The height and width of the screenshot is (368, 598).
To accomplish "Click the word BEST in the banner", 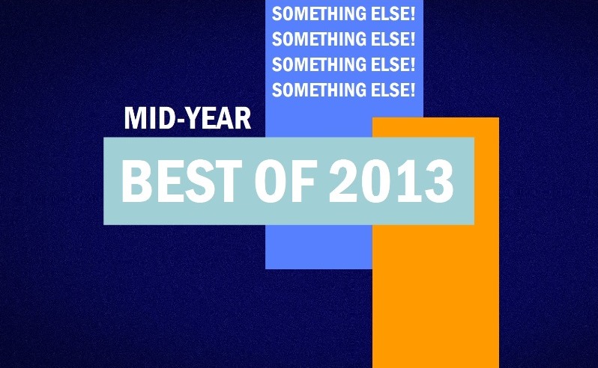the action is pos(181,181).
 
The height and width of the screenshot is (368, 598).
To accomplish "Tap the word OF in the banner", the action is pos(286,181).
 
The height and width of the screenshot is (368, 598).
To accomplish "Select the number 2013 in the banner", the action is pos(391,181).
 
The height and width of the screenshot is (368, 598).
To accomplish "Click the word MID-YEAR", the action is pos(187,118).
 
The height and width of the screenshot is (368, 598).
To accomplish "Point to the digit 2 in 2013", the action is pos(343,180).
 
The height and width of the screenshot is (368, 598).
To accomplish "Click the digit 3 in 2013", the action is pos(438,181).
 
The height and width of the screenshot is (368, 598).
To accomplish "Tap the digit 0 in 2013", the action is pos(375,181).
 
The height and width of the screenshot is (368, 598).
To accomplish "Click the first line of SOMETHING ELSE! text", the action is pos(343,14).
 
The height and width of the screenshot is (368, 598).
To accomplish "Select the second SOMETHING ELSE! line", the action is pos(343,39).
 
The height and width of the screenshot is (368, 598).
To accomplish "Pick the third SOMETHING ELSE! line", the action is pos(343,64).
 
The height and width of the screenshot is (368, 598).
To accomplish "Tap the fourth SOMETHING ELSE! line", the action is pos(343,90).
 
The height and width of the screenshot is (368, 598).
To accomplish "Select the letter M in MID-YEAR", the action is pos(135,118).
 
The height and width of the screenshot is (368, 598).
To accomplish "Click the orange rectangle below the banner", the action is pos(435,296).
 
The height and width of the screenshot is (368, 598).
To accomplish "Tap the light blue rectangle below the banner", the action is pos(318,247).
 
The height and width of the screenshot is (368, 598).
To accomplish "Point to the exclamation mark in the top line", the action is pos(412,14).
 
